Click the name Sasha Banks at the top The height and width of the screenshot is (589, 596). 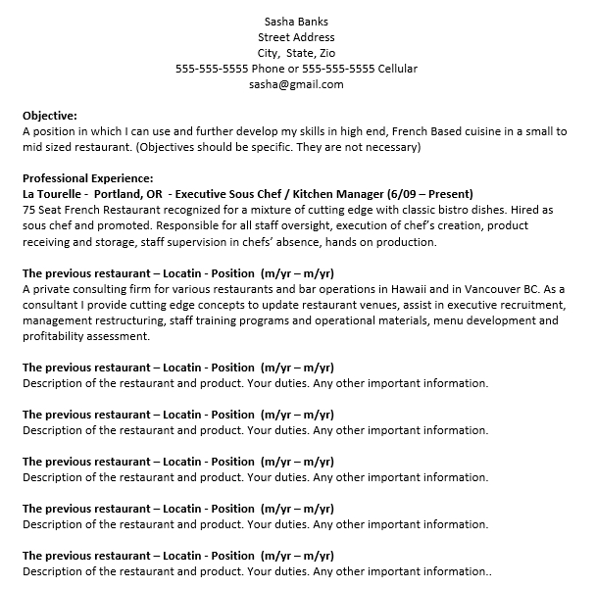pos(297,22)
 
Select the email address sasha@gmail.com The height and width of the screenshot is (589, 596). pos(297,84)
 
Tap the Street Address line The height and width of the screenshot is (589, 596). pos(297,37)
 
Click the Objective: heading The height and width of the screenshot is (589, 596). pos(49,116)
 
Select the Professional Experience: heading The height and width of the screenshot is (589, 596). pos(87,178)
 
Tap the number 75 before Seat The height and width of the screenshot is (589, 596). pos(28,211)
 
